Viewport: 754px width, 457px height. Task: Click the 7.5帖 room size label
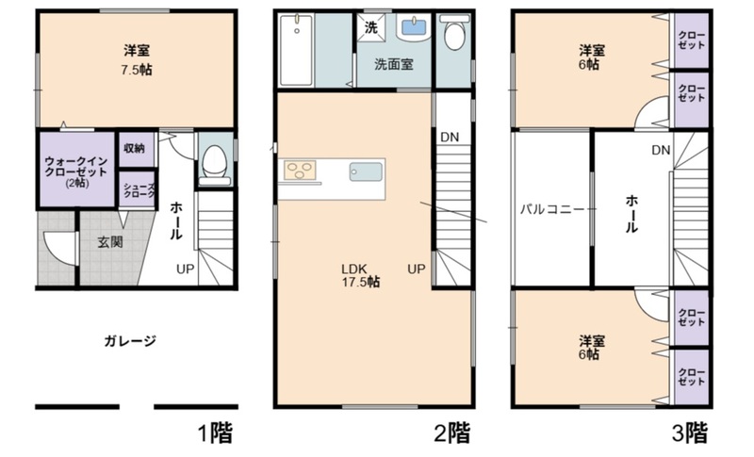pyautogui.click(x=137, y=70)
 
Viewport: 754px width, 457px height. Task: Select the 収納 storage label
pyautogui.click(x=135, y=149)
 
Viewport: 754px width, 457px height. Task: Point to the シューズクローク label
pyautogui.click(x=139, y=190)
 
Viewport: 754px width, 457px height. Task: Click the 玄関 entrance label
pyautogui.click(x=110, y=242)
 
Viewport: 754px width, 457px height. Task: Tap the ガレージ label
pyautogui.click(x=130, y=341)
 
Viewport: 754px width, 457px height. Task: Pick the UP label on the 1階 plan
pyautogui.click(x=185, y=269)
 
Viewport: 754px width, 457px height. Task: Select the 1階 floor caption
pyautogui.click(x=216, y=433)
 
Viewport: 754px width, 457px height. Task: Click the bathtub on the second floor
pyautogui.click(x=296, y=51)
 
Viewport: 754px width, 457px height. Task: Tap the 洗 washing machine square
pyautogui.click(x=370, y=28)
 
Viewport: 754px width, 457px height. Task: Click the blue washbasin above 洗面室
pyautogui.click(x=413, y=27)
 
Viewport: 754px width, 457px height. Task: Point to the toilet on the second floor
pyautogui.click(x=454, y=32)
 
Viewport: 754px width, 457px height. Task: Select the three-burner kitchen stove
pyautogui.click(x=300, y=171)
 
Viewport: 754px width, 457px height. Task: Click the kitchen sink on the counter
pyautogui.click(x=366, y=171)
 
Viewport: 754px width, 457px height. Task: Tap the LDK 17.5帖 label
pyautogui.click(x=361, y=275)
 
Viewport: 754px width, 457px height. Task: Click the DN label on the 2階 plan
pyautogui.click(x=450, y=138)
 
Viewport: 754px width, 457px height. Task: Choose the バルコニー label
pyautogui.click(x=552, y=209)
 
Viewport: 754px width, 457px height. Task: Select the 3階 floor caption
pyautogui.click(x=690, y=433)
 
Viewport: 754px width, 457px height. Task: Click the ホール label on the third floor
pyautogui.click(x=631, y=214)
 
